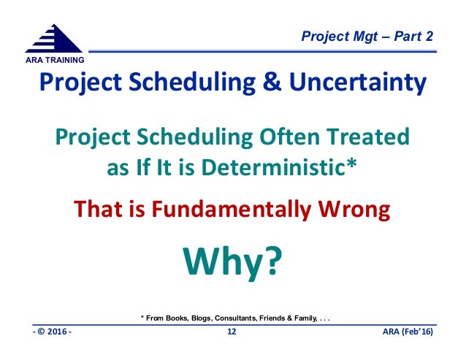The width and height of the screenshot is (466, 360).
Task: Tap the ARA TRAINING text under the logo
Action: click(x=55, y=60)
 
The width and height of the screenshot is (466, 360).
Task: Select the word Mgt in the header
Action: click(x=365, y=37)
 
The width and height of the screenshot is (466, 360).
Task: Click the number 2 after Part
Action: click(x=429, y=37)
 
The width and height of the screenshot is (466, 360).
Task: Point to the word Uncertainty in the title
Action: click(x=358, y=83)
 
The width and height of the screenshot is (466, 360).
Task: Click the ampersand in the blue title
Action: click(x=272, y=82)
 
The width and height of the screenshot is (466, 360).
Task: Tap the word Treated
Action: click(x=368, y=137)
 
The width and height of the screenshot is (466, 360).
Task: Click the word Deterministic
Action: click(x=273, y=167)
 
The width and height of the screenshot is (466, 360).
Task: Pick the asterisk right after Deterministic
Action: click(x=351, y=163)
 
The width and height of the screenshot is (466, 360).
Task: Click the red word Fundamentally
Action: click(x=232, y=210)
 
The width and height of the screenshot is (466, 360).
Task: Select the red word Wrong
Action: click(x=354, y=210)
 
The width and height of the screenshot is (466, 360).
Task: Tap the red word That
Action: click(x=98, y=209)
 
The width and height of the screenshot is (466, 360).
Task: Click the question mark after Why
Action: click(x=270, y=260)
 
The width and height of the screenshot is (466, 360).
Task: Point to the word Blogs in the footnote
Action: click(x=202, y=318)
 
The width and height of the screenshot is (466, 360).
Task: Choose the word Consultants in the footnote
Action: click(x=236, y=318)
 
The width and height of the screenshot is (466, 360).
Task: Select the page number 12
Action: click(x=232, y=332)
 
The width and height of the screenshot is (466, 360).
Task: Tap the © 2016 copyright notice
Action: click(x=53, y=332)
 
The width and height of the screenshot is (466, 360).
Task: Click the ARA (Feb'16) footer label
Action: click(x=408, y=332)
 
